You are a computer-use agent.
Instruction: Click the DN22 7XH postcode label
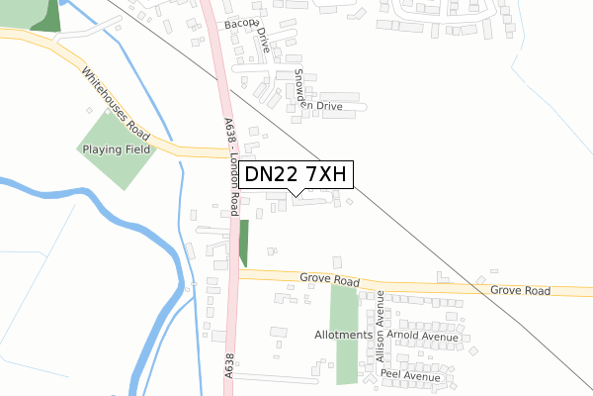point(294,175)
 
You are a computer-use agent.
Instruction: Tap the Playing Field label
point(117,149)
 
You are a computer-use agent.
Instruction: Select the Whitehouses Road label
point(116,104)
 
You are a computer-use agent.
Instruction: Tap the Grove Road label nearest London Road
point(330,282)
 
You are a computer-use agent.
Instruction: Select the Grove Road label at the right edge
point(521,291)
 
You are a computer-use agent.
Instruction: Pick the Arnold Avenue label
point(424,337)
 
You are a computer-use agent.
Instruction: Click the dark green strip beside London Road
point(244,243)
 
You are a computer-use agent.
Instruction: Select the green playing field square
point(116,148)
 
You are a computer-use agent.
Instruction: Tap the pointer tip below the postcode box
point(296,194)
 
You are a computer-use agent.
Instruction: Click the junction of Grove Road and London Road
point(237,274)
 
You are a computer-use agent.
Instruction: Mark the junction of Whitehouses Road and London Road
point(226,153)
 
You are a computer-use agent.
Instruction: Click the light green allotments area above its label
point(344,308)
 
